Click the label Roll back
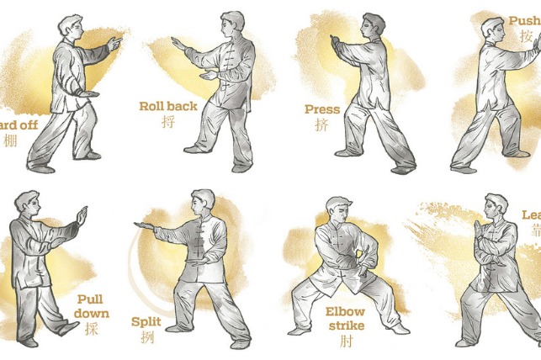[169, 107]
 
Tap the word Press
[322, 109]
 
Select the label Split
[146, 320]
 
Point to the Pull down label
[90, 305]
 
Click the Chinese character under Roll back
[168, 122]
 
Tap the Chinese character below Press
[322, 124]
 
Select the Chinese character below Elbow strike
[345, 341]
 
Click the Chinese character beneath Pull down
[91, 329]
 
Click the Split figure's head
[203, 203]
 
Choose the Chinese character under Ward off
[10, 140]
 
